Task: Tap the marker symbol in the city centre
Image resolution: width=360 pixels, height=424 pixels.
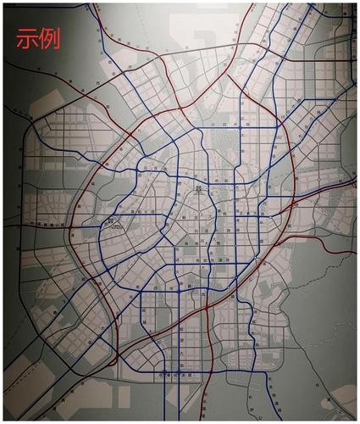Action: coord(198,189)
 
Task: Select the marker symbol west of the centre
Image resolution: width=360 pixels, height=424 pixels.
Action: coord(111,221)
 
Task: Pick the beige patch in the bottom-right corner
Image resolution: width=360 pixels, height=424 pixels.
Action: coord(343,403)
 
